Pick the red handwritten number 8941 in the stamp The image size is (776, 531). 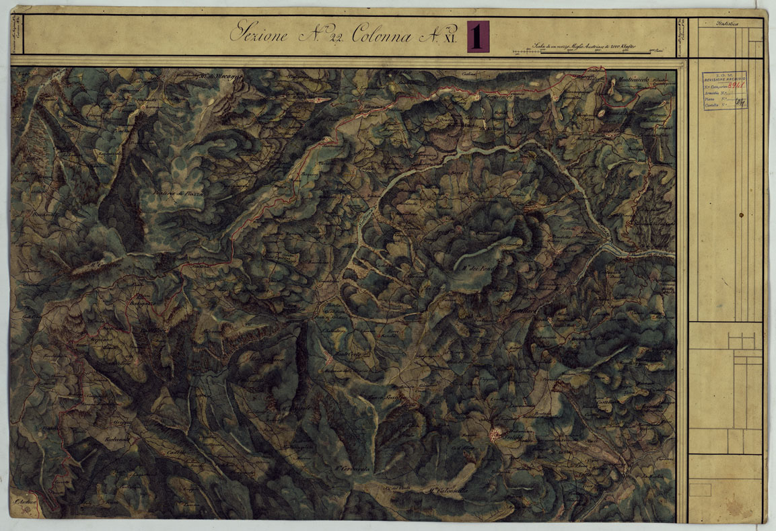(x=736, y=87)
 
